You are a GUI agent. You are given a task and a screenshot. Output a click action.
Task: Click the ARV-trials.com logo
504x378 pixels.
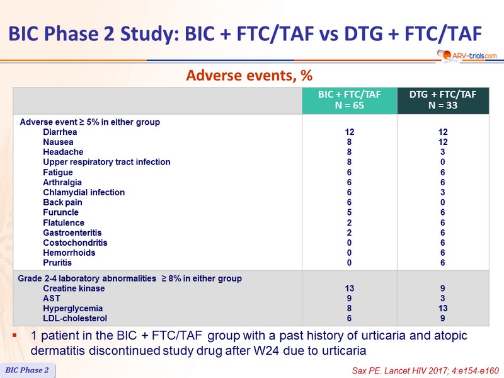click(467, 55)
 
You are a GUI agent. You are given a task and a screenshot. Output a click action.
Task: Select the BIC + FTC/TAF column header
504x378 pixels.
click(350, 100)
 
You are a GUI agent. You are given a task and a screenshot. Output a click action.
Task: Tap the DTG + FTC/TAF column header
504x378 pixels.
click(443, 100)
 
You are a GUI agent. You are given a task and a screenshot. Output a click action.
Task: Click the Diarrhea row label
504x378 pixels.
click(60, 132)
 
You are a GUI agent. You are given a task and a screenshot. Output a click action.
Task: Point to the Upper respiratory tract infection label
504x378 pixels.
click(106, 162)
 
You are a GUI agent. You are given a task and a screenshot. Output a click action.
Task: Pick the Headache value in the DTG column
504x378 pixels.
click(443, 152)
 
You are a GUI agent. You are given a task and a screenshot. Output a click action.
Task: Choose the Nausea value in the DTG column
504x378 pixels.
click(443, 142)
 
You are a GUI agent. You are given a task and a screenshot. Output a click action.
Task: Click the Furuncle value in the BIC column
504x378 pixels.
click(349, 212)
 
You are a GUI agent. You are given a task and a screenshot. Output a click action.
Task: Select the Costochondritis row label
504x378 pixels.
click(75, 243)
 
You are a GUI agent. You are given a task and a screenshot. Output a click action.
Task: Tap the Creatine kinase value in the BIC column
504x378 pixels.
click(350, 289)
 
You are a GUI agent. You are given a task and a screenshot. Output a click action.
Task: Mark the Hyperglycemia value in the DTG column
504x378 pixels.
click(443, 309)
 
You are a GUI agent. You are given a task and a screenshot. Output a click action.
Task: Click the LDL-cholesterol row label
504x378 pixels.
click(75, 319)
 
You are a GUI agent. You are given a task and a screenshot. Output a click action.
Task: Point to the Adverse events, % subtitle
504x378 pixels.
click(249, 76)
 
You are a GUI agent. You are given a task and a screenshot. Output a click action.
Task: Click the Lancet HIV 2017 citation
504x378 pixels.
click(425, 370)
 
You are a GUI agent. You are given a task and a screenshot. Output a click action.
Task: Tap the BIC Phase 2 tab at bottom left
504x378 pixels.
click(27, 370)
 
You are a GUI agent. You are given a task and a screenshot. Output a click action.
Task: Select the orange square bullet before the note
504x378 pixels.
click(14, 336)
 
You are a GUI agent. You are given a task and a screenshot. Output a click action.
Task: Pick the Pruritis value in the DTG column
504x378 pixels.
click(443, 263)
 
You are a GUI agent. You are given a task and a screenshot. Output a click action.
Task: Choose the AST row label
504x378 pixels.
click(52, 299)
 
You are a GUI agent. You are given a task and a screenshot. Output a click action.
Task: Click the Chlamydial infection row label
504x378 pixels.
click(84, 193)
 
